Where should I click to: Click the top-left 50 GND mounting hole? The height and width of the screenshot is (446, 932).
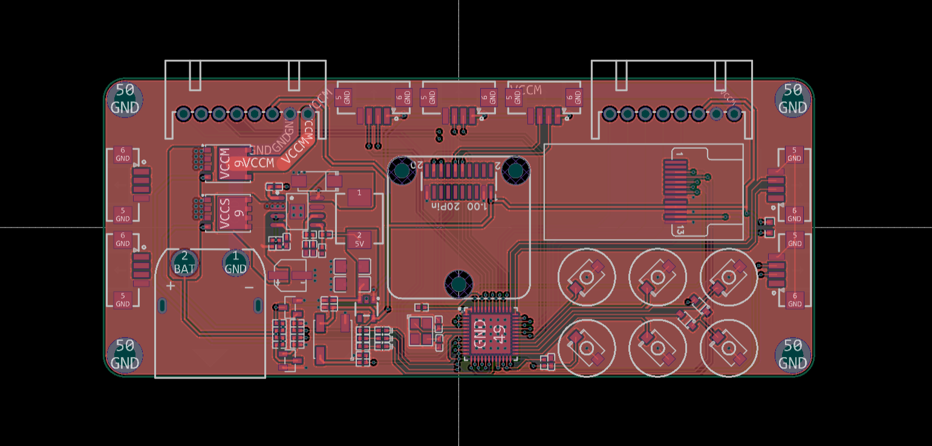pos(125,99)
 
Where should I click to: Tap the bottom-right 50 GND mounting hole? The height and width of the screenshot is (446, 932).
pos(792,354)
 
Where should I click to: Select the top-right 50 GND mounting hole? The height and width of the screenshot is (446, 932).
pos(792,99)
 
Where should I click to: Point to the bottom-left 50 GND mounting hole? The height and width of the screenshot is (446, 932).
pos(125,354)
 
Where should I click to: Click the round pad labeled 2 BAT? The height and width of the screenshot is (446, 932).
pos(184,263)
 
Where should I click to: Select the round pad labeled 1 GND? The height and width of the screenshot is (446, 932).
pos(235,263)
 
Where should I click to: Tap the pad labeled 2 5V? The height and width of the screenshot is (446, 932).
pos(359,239)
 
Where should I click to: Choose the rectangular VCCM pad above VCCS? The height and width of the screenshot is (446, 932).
pos(227,163)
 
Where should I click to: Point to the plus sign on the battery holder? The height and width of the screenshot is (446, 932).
pos(171,286)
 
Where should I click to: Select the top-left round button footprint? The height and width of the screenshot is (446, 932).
pos(586,277)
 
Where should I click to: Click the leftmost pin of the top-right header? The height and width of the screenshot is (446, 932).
pos(610,114)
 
